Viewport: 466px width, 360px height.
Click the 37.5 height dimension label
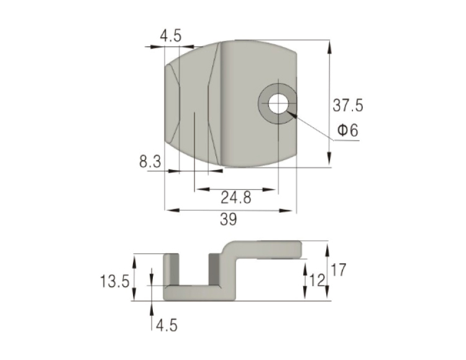coord(348,106)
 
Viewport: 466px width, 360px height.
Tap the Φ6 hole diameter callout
coord(348,130)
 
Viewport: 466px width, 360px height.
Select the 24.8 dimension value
coord(236,197)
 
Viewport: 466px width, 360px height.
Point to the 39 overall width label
coord(229,220)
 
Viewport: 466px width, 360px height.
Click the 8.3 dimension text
coord(150,162)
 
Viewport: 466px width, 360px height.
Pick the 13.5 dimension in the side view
coord(115,281)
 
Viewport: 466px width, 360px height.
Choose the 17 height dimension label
coord(339,270)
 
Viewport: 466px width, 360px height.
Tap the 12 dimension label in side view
coord(317,280)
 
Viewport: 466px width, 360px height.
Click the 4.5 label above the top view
coord(171,36)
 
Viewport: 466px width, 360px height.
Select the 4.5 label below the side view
coord(167,326)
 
